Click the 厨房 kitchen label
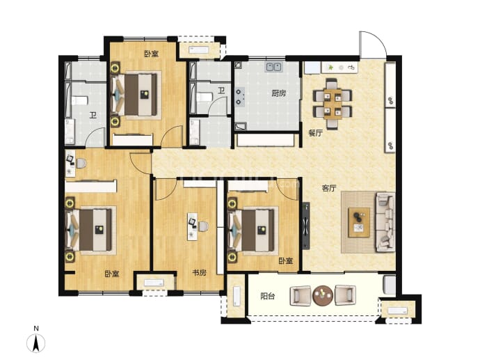278,93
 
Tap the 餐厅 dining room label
315,133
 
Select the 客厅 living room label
329,188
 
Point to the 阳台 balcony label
268,296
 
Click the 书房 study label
199,272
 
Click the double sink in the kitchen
273,66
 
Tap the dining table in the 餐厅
333,104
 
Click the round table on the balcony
323,295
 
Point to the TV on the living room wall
306,226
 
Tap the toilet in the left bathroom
79,100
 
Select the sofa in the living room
385,222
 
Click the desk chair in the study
203,226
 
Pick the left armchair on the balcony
301,295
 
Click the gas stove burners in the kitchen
239,97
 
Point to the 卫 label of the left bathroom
93,115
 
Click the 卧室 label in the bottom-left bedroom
112,274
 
